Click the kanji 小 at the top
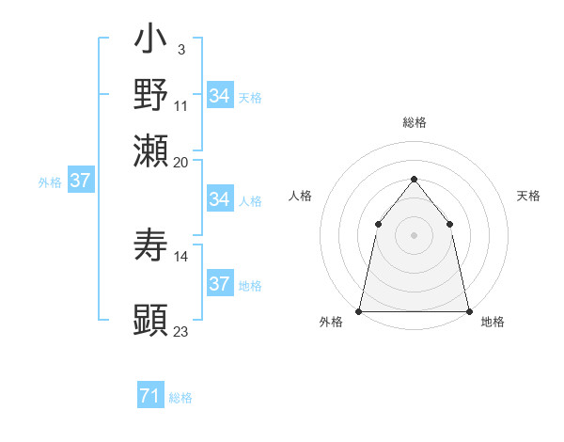[x=151, y=42]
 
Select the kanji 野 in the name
[x=151, y=95]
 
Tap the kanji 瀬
[x=151, y=150]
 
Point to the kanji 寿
[x=151, y=246]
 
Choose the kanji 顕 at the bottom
[x=151, y=320]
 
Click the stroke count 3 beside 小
[x=181, y=50]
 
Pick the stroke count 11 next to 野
[x=181, y=105]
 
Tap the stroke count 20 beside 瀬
[x=181, y=161]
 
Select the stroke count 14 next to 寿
[x=181, y=256]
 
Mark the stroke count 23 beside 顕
[x=181, y=331]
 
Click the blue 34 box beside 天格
[x=220, y=96]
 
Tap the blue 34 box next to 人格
[x=220, y=199]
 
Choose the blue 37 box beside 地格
[x=220, y=284]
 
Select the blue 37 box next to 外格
[x=80, y=182]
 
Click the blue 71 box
[x=149, y=397]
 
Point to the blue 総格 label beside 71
[x=180, y=398]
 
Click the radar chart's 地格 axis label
[x=493, y=322]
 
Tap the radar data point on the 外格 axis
[x=359, y=310]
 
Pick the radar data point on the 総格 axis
[x=414, y=179]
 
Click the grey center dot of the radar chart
[x=414, y=235]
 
